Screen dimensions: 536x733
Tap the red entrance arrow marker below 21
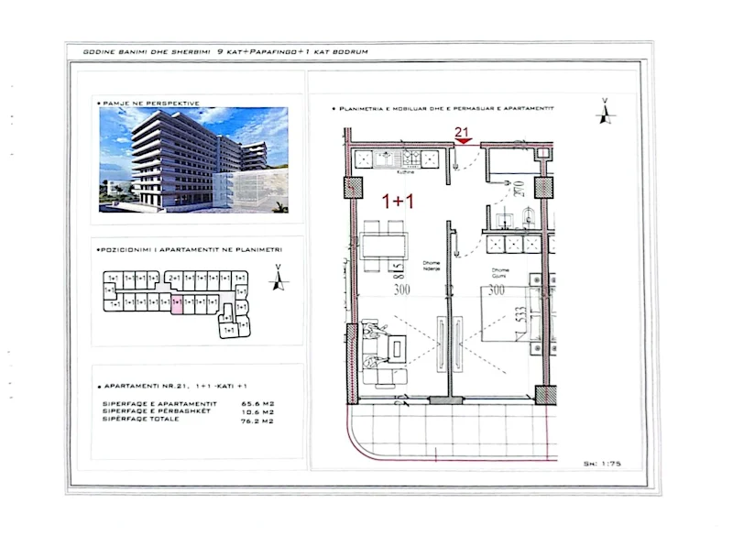[464, 141]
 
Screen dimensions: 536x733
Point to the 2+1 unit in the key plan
[174, 278]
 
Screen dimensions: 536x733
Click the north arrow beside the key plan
[275, 278]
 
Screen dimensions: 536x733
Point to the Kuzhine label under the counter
[407, 170]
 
